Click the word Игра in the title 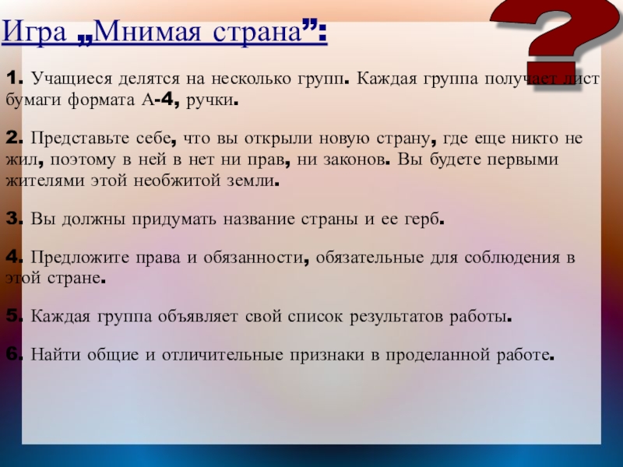point(34,32)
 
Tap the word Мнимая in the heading point(147,31)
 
